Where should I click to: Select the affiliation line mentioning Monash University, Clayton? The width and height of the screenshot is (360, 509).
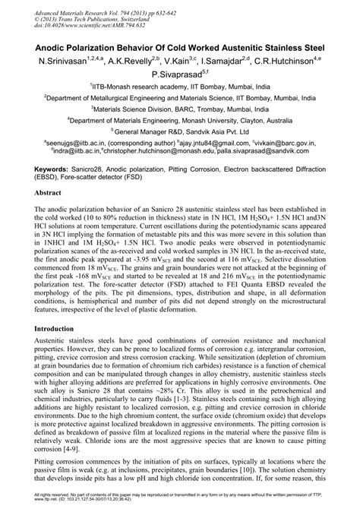pyautogui.click(x=180, y=119)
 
